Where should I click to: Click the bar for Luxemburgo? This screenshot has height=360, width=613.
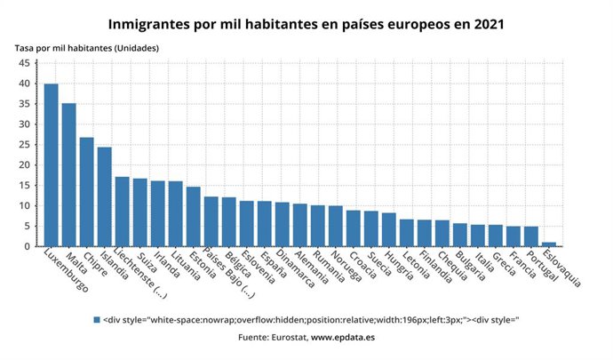(51, 164)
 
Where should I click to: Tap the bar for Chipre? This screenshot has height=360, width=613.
(86, 191)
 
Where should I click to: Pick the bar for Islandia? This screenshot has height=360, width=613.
(104, 196)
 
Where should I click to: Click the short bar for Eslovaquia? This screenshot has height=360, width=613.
(548, 244)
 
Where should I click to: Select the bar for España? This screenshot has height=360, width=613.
(264, 223)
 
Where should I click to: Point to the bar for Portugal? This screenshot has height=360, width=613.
(530, 236)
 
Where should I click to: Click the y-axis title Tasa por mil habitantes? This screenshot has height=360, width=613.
(87, 47)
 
